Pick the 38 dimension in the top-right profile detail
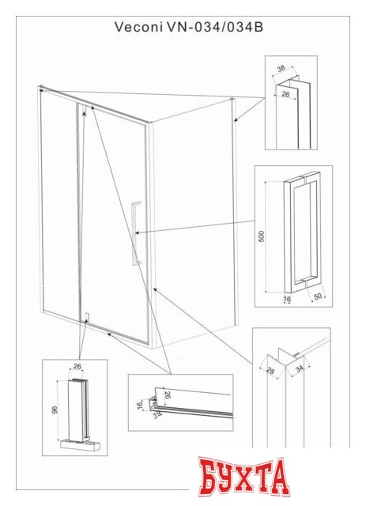[x=281, y=70]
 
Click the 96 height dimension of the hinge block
[x=53, y=410]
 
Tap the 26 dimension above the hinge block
[x=77, y=366]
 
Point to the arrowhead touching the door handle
[x=138, y=232]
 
